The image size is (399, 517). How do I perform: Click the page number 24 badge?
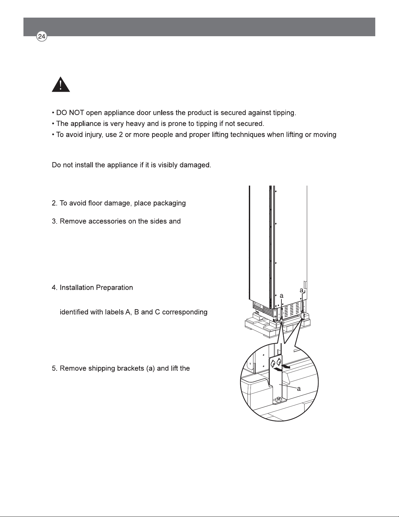(x=42, y=37)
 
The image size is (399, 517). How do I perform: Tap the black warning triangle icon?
(x=61, y=84)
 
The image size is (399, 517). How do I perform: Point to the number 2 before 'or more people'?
(x=121, y=135)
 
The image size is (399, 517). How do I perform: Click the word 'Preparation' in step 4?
(x=114, y=288)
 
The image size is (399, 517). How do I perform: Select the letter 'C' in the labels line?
(x=157, y=312)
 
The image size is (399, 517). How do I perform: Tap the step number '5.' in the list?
(x=55, y=369)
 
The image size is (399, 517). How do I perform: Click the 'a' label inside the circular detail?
(x=299, y=389)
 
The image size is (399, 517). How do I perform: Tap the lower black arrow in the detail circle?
(x=278, y=370)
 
